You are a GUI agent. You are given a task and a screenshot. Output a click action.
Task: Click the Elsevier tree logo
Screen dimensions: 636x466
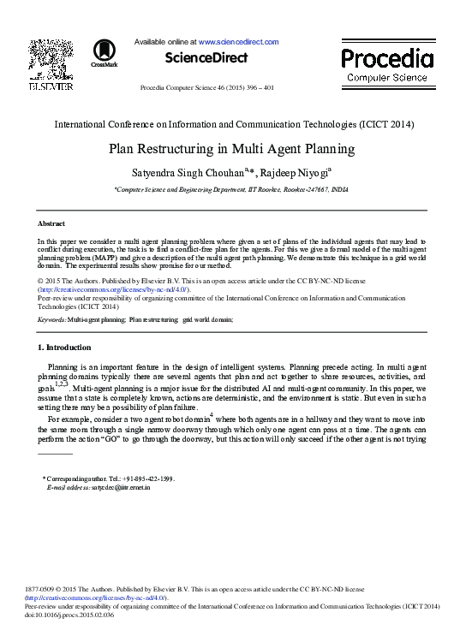[51, 59]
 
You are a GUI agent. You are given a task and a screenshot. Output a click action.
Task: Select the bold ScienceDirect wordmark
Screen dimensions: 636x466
[206, 58]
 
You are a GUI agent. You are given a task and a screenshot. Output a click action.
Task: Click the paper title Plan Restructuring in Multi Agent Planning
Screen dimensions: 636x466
[231, 148]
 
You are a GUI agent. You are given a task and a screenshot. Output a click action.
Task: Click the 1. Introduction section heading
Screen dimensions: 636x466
[64, 348]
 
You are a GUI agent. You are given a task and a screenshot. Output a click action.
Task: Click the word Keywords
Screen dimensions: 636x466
[51, 319]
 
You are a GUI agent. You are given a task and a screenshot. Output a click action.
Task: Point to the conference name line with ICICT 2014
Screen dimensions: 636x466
[231, 124]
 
